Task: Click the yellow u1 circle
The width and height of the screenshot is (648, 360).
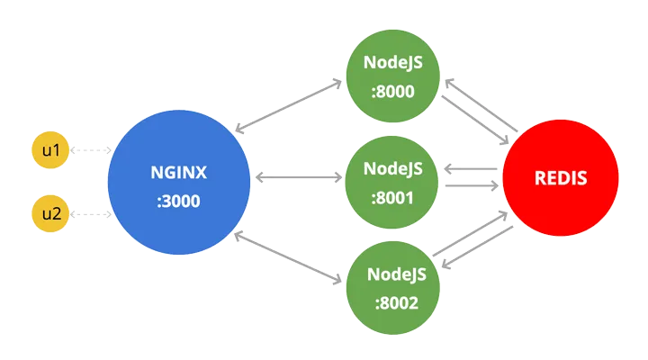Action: point(49,150)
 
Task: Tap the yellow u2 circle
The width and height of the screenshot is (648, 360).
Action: point(49,214)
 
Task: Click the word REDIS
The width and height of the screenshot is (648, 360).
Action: point(560,178)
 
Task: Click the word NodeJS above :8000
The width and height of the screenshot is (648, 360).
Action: point(392,63)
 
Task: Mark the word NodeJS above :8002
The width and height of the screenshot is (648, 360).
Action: point(392,274)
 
